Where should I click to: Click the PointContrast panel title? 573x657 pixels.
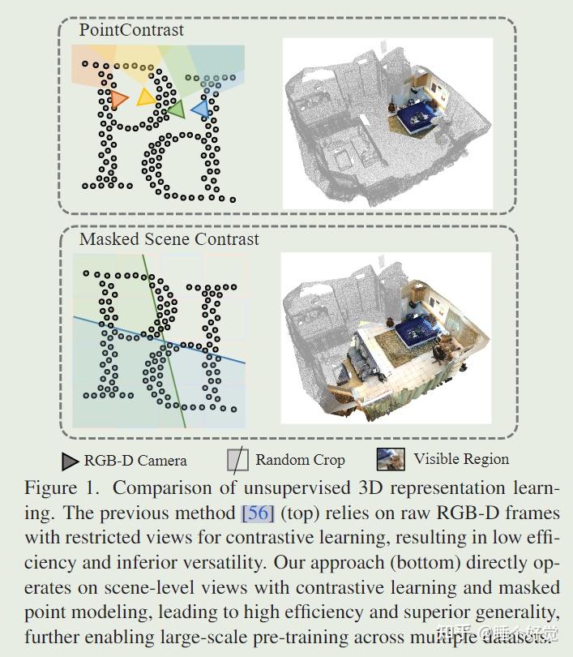131,31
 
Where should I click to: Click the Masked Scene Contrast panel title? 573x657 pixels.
169,239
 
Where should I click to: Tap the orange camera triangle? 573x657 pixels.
119,99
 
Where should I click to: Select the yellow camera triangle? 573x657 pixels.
146,97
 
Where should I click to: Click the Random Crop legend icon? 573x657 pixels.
237,461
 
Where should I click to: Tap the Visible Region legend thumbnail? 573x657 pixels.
391,459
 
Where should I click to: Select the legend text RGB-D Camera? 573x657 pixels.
135,461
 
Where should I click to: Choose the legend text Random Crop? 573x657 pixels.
300,460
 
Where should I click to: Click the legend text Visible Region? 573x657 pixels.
461,459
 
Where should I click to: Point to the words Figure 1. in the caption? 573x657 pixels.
61,488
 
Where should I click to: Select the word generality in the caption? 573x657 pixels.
514,612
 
